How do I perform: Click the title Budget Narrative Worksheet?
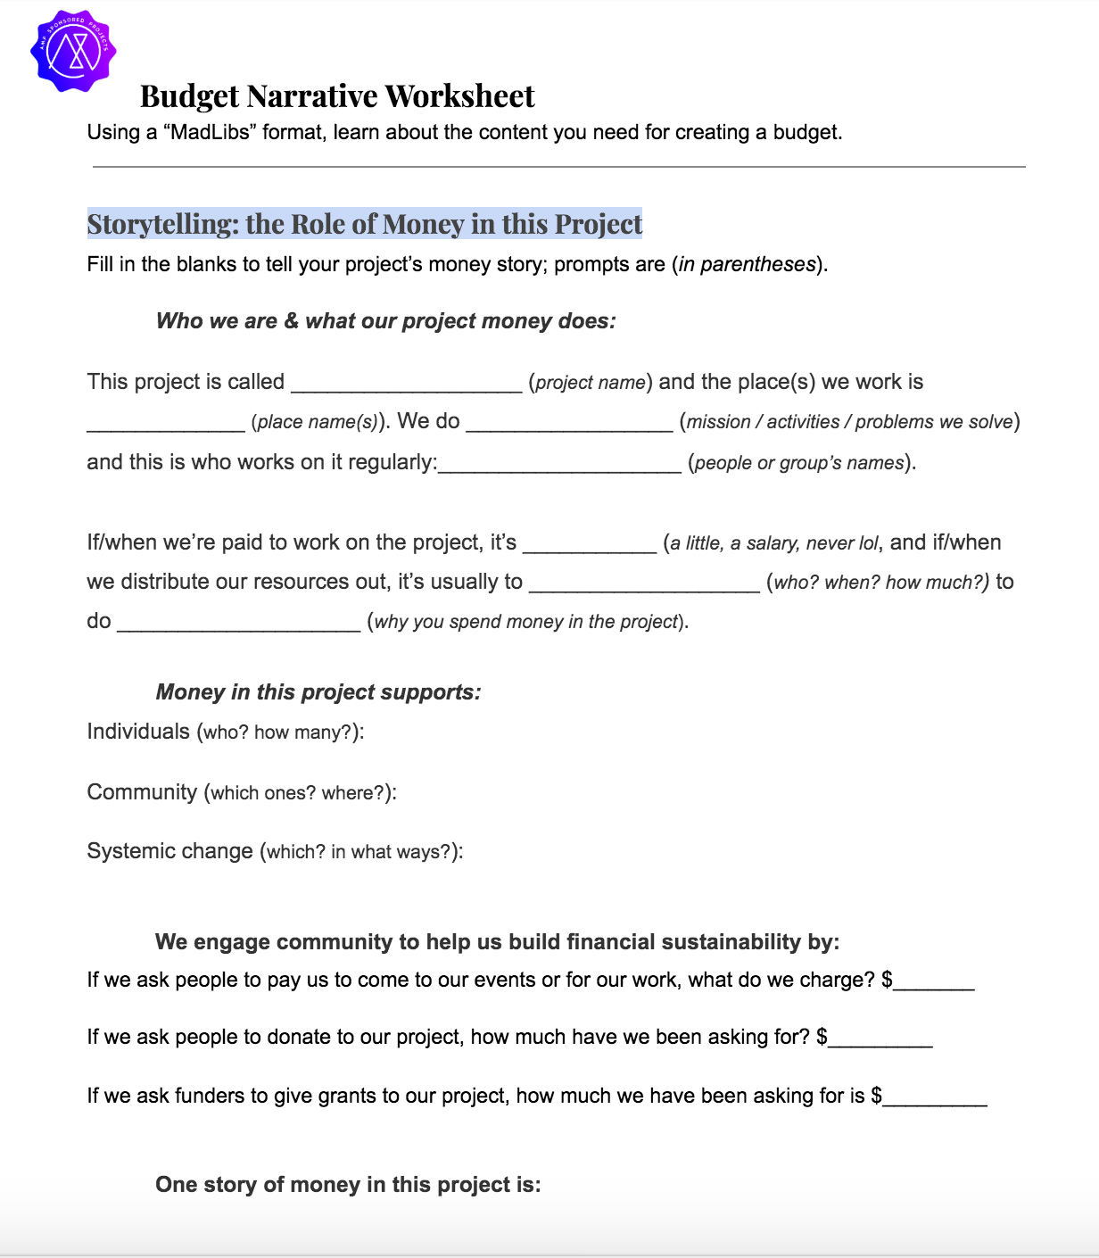[x=337, y=96]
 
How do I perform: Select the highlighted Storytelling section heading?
[x=364, y=224]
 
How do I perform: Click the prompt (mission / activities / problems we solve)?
[x=849, y=422]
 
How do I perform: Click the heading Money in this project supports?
[x=318, y=692]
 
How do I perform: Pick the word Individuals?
[x=138, y=732]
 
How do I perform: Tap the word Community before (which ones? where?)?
[x=142, y=792]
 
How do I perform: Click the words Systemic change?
[x=169, y=851]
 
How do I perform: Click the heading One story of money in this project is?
[x=348, y=1185]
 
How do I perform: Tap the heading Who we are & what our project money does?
[x=385, y=321]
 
